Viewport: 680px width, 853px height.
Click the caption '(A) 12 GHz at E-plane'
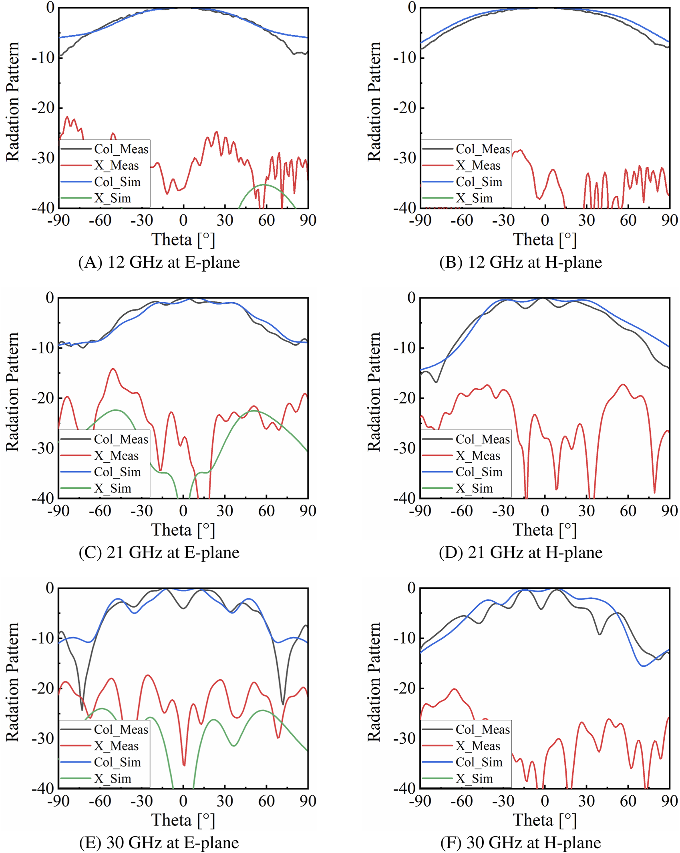pyautogui.click(x=159, y=262)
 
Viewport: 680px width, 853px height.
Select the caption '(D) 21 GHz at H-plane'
pyautogui.click(x=520, y=552)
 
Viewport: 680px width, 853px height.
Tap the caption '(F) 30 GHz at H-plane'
pyautogui.click(x=520, y=842)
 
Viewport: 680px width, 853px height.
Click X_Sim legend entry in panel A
pyautogui.click(x=113, y=198)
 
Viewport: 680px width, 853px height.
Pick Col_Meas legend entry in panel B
pyautogui.click(x=482, y=149)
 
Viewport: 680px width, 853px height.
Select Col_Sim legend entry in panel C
pyautogui.click(x=117, y=472)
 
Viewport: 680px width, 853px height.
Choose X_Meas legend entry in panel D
pyautogui.click(x=478, y=456)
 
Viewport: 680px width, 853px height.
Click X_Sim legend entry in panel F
pyautogui.click(x=474, y=779)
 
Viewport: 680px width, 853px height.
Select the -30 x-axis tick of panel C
pyautogui.click(x=142, y=510)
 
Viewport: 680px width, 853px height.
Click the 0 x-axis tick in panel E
pyautogui.click(x=183, y=801)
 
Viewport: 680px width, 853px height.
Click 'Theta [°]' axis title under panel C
pyautogui.click(x=183, y=530)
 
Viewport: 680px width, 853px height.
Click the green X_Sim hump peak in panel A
pyautogui.click(x=264, y=185)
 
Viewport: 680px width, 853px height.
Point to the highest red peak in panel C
pyautogui.click(x=113, y=369)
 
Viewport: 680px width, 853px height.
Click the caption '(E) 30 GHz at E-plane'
pyautogui.click(x=159, y=842)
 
